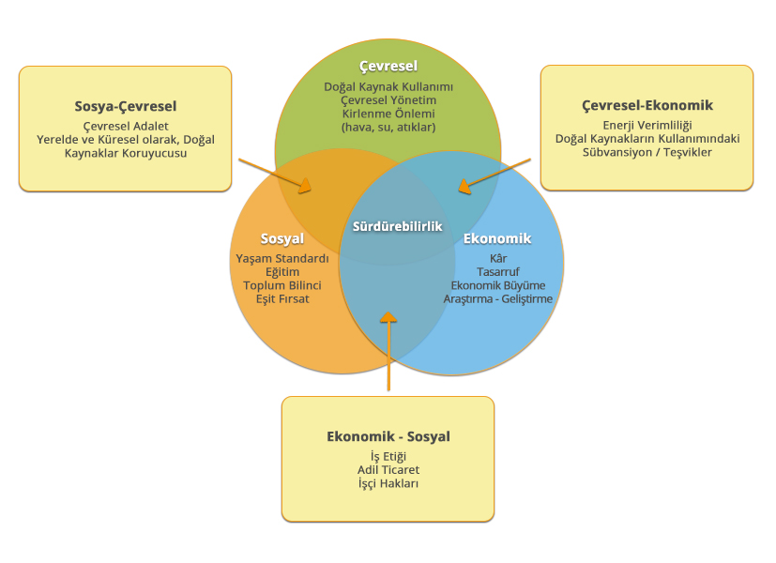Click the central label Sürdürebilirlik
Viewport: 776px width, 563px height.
pos(397,226)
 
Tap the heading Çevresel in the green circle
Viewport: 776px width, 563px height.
pos(388,66)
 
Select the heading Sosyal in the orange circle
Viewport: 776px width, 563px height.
pos(281,238)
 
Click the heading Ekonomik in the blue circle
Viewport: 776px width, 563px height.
pos(497,238)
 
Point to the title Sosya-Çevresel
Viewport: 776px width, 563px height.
pos(126,106)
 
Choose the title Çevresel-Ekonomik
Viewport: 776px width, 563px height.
pos(647,105)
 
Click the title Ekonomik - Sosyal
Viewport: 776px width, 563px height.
pos(388,436)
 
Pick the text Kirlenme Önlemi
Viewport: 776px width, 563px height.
pos(388,114)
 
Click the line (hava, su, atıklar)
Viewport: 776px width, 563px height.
pos(388,127)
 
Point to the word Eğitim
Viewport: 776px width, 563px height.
pos(281,271)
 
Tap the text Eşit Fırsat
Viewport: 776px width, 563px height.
pos(281,298)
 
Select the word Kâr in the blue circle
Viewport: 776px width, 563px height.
pos(497,257)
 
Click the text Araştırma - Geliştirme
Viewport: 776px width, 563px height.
pos(497,298)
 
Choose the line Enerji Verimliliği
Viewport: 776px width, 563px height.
pos(647,125)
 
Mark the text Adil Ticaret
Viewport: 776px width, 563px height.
pos(388,469)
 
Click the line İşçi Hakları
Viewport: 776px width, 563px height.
pos(388,483)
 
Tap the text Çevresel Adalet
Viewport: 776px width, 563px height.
pos(126,126)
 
